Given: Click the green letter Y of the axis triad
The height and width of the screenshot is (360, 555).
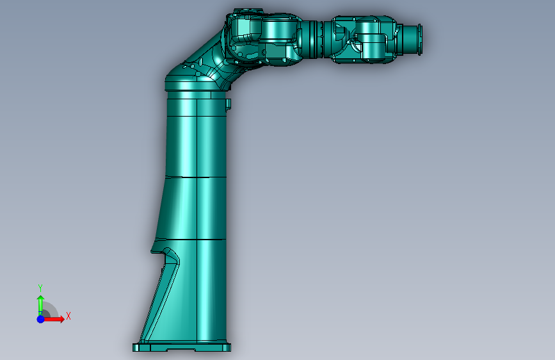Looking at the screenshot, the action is pos(40,288).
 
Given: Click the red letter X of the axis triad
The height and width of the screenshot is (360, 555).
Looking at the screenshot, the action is pos(68,316).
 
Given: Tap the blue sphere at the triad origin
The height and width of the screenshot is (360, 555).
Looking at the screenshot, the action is pos(41,319).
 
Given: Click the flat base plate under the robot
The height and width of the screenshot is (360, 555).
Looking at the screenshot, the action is pos(182,347).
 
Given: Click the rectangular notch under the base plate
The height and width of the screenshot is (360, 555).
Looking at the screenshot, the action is pos(181,350).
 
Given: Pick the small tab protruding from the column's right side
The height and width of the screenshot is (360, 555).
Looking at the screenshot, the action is pos(229,104).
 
